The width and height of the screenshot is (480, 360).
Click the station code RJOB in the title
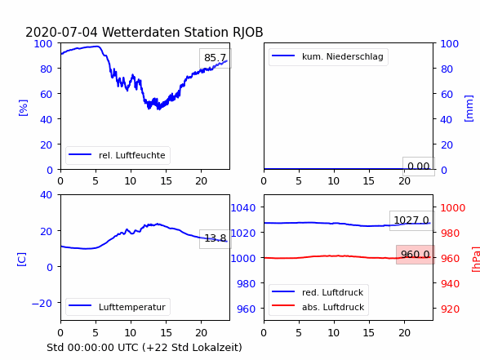248,32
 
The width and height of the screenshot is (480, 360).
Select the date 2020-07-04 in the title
61,32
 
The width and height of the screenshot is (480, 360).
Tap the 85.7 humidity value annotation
216,58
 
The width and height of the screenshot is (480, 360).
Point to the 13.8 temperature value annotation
216,238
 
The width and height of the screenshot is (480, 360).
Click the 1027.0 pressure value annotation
411,220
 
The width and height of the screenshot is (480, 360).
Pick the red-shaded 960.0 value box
416,255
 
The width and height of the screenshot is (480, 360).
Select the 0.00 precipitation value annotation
419,167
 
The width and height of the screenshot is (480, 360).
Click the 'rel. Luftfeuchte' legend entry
118,155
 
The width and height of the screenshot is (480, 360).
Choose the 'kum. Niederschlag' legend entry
328,56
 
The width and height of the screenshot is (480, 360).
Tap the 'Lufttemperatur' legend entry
118,307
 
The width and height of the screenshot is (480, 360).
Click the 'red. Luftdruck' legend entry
318,292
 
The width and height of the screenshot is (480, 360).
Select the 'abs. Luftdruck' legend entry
318,307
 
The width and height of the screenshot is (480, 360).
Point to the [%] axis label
23,108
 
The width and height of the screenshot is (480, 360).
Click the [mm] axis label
469,109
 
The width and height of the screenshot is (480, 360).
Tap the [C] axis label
22,260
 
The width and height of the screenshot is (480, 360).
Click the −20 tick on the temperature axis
42,304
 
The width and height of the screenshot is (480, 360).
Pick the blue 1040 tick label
243,208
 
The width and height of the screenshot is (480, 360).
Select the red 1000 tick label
453,208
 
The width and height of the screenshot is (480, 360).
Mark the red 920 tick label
450,309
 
